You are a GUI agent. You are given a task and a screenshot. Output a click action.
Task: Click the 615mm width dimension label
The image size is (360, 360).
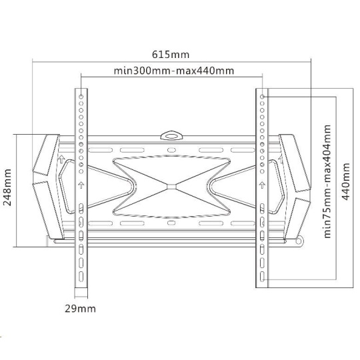[171, 55]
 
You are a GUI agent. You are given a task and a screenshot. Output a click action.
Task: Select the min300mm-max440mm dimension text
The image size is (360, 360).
[174, 71]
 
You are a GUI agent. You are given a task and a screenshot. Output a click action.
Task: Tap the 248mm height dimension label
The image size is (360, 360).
[7, 187]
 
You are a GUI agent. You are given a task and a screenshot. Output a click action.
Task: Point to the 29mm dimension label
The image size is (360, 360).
[80, 309]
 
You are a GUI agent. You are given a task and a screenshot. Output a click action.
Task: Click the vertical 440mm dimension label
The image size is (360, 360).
[346, 181]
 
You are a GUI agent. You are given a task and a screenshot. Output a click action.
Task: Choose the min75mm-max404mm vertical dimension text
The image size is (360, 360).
[327, 181]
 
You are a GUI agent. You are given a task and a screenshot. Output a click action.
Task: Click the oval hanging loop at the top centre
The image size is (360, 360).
[171, 136]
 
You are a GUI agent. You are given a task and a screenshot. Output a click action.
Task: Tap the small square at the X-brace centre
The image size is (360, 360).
[171, 186]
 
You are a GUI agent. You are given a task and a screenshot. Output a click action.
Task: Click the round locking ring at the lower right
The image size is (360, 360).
[299, 241]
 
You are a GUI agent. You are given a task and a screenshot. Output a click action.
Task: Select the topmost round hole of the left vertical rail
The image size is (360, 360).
[81, 97]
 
